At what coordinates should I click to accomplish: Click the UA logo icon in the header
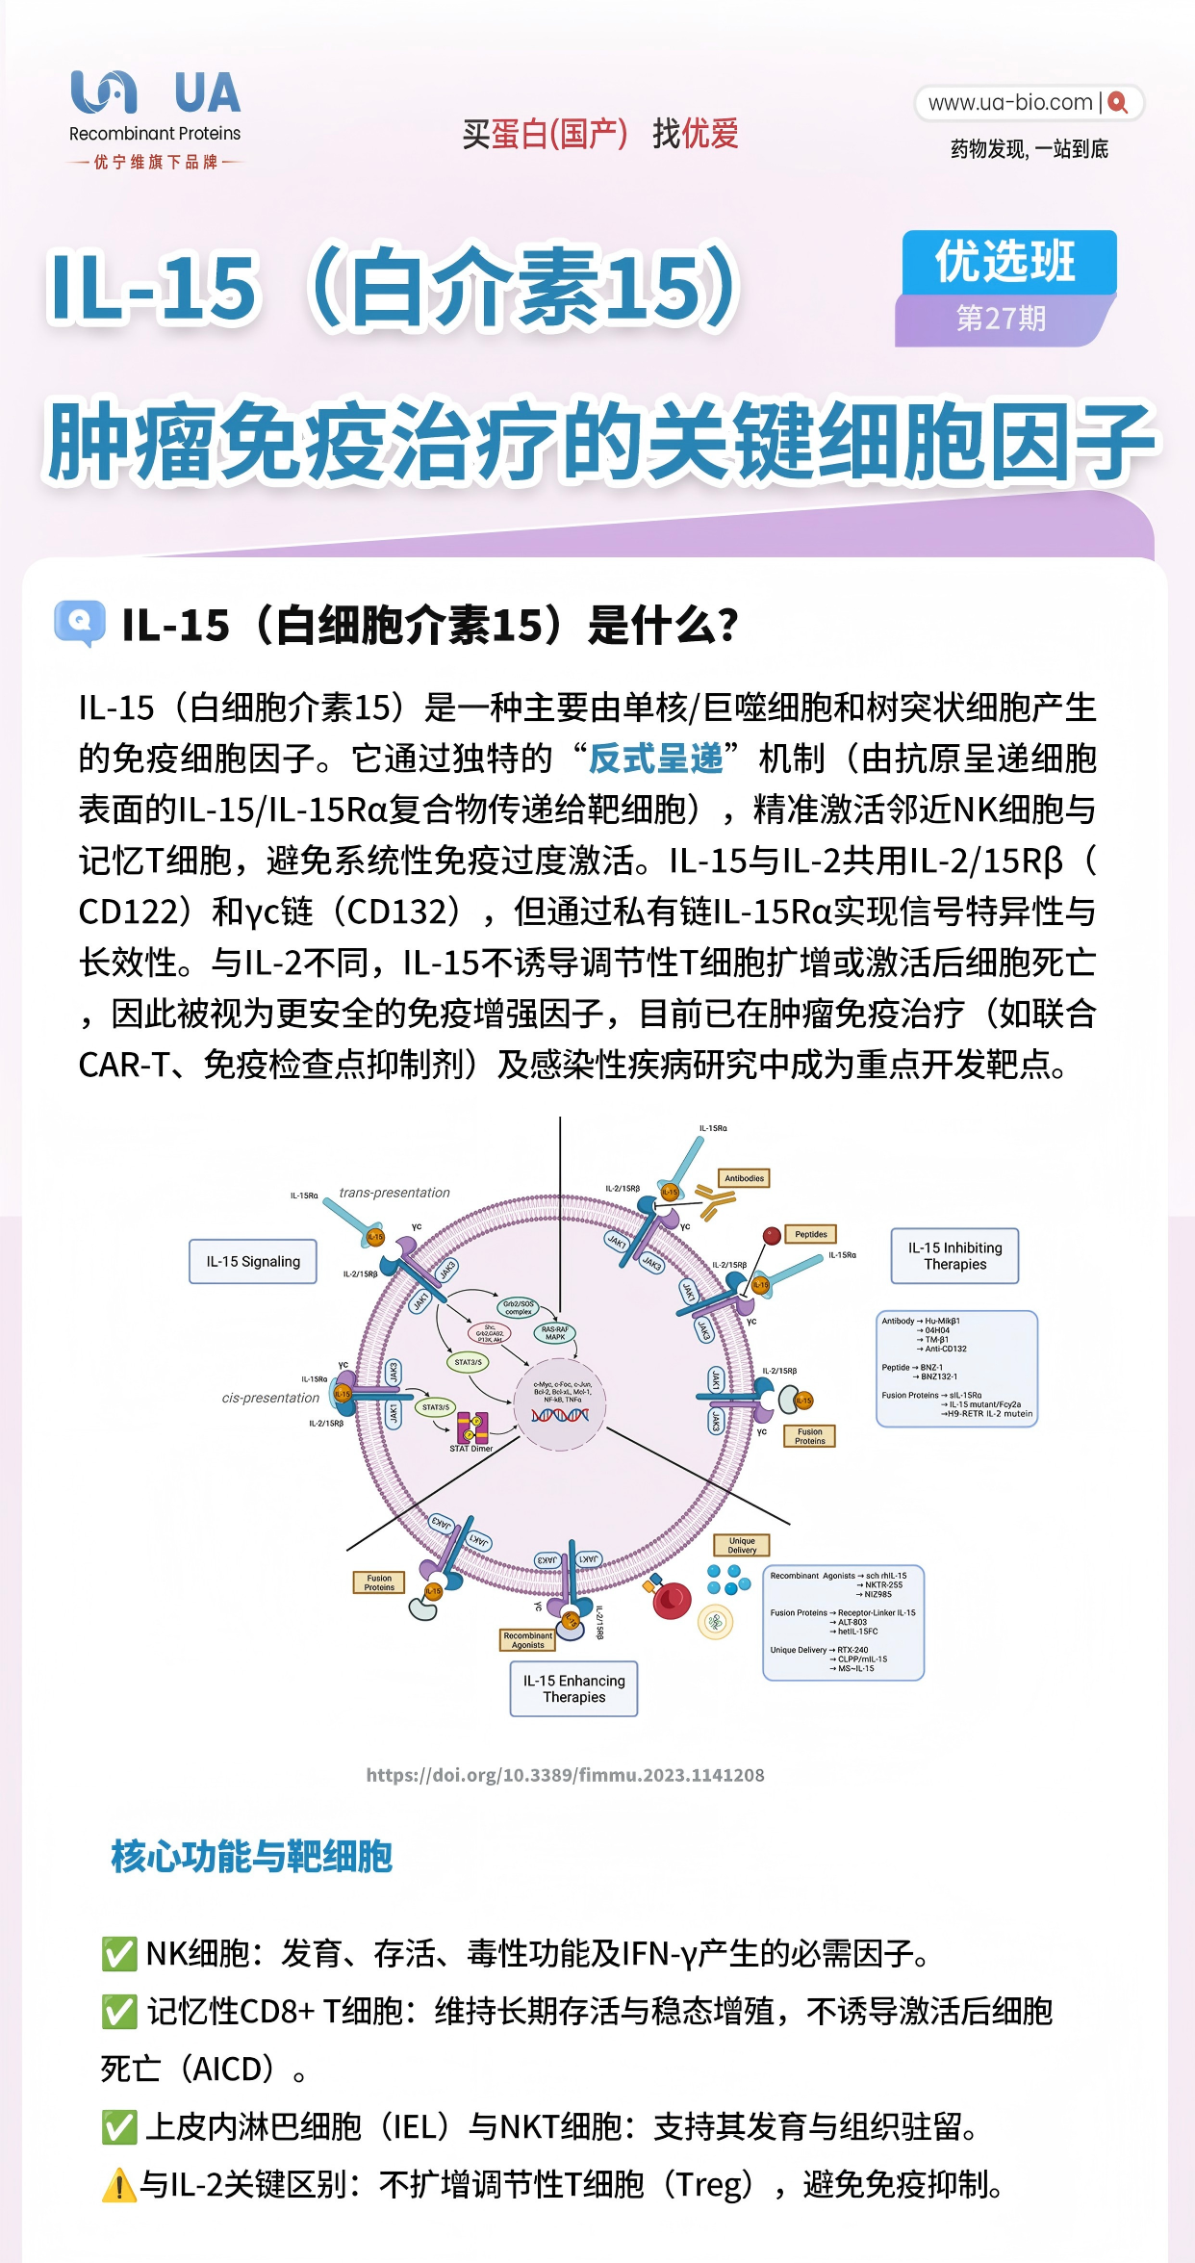point(104,92)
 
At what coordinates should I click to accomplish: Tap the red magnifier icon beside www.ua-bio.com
point(1117,102)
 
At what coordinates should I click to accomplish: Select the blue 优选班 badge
point(1006,262)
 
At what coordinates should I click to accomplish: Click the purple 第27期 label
point(1001,319)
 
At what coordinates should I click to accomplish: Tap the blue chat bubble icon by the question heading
point(80,623)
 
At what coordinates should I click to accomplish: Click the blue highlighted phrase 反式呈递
point(656,759)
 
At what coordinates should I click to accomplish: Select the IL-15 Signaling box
point(253,1261)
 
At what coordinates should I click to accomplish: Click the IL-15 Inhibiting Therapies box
point(954,1255)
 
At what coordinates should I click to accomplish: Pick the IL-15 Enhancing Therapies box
point(573,1688)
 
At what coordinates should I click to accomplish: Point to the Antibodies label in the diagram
point(744,1178)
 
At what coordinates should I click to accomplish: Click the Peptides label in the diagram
point(810,1234)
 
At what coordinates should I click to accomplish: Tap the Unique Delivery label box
point(742,1545)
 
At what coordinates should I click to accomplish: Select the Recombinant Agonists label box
point(527,1640)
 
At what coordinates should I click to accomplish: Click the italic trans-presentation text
point(394,1193)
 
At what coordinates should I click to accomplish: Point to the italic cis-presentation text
point(270,1398)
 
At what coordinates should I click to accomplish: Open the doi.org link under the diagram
point(565,1775)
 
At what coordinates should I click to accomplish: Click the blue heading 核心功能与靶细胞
point(251,1857)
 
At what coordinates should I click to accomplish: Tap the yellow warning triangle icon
point(118,2184)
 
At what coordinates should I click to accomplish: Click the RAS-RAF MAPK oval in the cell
point(555,1333)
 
